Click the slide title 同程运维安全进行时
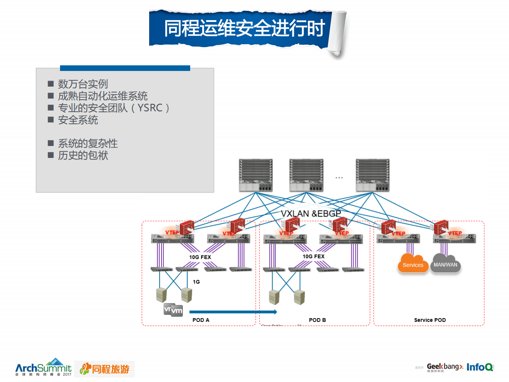(x=244, y=28)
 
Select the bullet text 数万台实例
(x=83, y=84)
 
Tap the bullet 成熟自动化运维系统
(x=103, y=96)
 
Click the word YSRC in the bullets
(x=150, y=108)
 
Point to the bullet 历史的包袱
(x=83, y=155)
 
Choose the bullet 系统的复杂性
(x=88, y=143)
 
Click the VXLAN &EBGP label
(x=311, y=214)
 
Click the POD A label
(x=201, y=320)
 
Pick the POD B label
(x=317, y=320)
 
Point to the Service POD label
(x=430, y=320)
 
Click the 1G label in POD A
(x=196, y=282)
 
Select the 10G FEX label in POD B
(x=314, y=257)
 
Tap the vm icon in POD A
(x=173, y=310)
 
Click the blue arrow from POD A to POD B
(x=233, y=312)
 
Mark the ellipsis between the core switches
(x=339, y=178)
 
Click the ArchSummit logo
(x=43, y=368)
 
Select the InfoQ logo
(x=480, y=367)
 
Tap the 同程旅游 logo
(x=105, y=369)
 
